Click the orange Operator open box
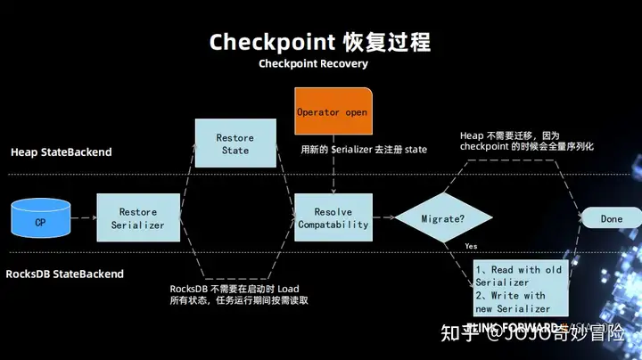pyautogui.click(x=333, y=112)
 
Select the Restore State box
pyautogui.click(x=235, y=144)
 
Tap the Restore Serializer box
pyautogui.click(x=138, y=218)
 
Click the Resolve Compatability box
pyautogui.click(x=333, y=218)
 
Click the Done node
pyautogui.click(x=611, y=218)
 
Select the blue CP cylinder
pyautogui.click(x=40, y=220)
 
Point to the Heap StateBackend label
pyautogui.click(x=62, y=152)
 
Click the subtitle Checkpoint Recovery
pyautogui.click(x=313, y=64)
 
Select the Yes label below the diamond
pyautogui.click(x=471, y=246)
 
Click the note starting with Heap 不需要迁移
pyautogui.click(x=526, y=140)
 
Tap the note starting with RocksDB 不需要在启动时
pyautogui.click(x=239, y=294)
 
